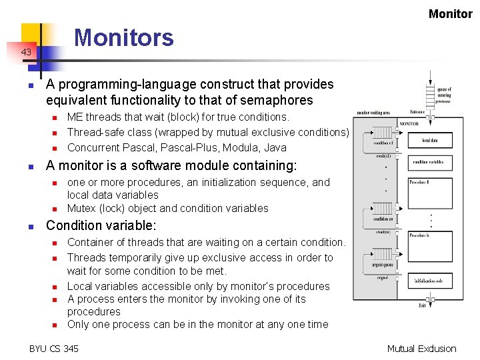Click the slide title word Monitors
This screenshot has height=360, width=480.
coord(123,38)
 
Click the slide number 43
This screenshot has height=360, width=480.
coord(25,52)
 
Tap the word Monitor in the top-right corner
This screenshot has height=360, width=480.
coord(450,13)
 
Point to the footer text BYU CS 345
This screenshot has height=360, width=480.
coord(53,348)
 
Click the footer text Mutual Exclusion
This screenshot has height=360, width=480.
coord(421,348)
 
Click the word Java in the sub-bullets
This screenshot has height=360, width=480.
coord(275,147)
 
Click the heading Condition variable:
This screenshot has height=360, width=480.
coord(101,225)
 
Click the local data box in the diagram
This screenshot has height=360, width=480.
coord(429,140)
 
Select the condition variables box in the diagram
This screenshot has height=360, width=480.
coord(429,162)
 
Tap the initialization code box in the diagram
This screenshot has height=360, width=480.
coord(429,281)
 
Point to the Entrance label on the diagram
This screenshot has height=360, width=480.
coord(417,112)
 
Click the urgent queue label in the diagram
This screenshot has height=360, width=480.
coord(383,264)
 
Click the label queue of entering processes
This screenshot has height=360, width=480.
coord(444,95)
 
